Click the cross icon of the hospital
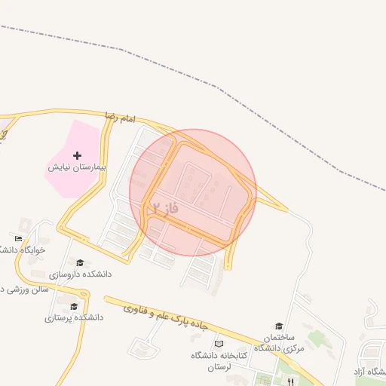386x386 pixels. (77, 155)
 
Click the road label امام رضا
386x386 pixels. (120, 118)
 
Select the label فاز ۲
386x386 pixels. (165, 207)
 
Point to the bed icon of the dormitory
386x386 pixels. (18, 238)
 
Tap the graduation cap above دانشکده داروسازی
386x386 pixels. (80, 262)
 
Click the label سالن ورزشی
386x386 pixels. (23, 289)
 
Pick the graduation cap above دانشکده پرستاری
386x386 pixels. (74, 306)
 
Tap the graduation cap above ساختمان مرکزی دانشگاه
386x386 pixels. (279, 326)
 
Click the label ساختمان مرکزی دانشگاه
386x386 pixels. (278, 342)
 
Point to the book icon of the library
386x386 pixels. (219, 344)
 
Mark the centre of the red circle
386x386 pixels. (193, 192)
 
